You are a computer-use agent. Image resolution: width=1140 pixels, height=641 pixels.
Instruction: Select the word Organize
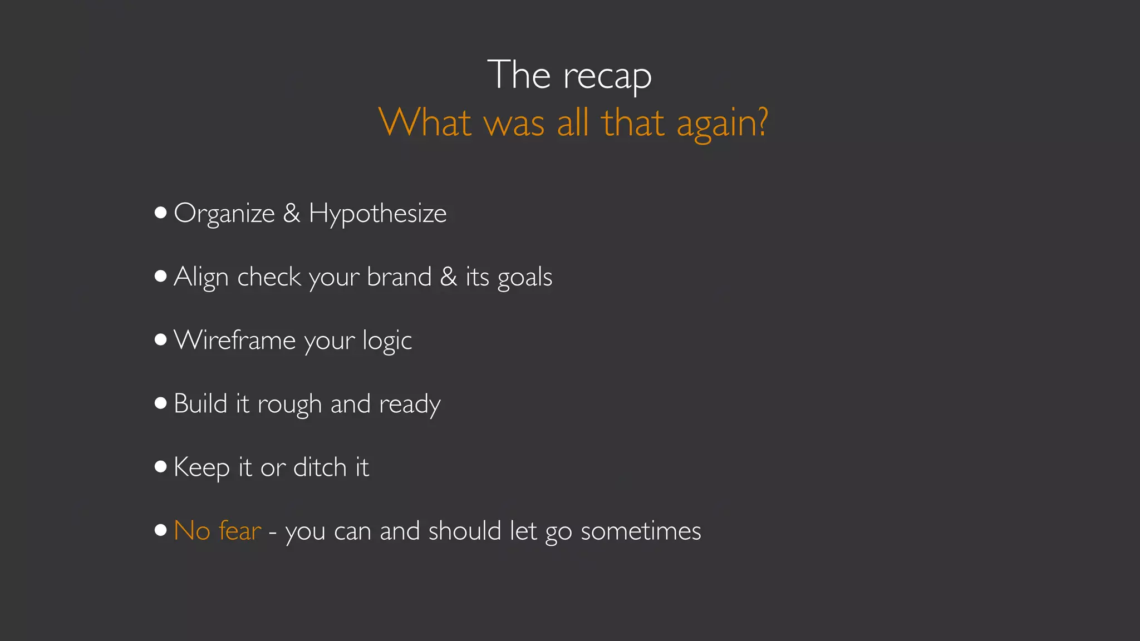(x=224, y=214)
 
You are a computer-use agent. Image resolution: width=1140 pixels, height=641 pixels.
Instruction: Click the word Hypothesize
(x=377, y=214)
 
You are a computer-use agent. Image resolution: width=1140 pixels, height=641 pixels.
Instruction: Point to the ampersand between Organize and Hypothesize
(x=292, y=213)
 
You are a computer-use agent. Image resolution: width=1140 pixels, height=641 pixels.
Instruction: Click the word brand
(x=399, y=277)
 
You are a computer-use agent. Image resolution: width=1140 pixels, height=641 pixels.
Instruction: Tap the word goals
(x=524, y=278)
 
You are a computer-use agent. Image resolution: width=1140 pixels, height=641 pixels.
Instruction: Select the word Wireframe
(x=234, y=340)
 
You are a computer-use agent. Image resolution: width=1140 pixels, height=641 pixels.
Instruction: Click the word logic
(x=387, y=341)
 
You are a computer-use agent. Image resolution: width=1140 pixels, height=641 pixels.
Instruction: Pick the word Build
(x=200, y=403)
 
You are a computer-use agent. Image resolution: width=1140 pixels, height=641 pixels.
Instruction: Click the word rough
(x=289, y=405)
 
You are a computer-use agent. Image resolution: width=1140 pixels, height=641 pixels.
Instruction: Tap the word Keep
(x=202, y=467)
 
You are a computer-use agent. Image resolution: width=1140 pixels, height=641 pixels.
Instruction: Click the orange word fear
(x=240, y=530)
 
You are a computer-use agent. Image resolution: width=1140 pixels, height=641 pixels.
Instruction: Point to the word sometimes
(x=641, y=531)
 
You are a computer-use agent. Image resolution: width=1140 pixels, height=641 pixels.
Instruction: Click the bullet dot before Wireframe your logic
(x=161, y=339)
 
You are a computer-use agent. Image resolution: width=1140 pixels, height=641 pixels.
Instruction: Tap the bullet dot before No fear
(x=161, y=530)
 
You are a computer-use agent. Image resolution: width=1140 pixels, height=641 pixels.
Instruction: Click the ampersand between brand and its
(x=449, y=277)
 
